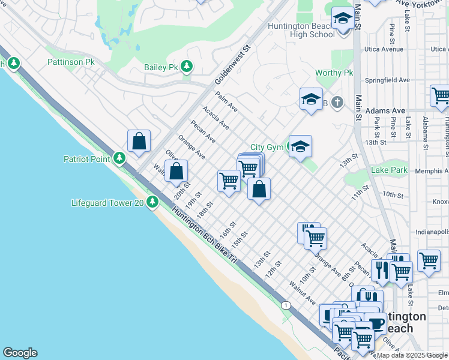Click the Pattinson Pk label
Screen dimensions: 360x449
tap(71, 62)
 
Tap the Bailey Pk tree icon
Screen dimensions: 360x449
tap(187, 67)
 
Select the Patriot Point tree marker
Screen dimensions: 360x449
tap(120, 158)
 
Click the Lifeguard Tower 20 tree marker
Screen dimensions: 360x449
tap(152, 203)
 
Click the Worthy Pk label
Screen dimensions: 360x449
tap(334, 73)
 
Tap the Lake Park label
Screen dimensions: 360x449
tap(389, 170)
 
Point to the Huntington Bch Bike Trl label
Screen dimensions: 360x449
tap(205, 234)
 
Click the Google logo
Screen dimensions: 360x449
tap(20, 353)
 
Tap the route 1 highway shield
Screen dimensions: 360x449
tap(286, 305)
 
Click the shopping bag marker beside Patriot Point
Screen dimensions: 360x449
tap(139, 142)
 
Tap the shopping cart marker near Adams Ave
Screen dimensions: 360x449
tap(439, 96)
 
